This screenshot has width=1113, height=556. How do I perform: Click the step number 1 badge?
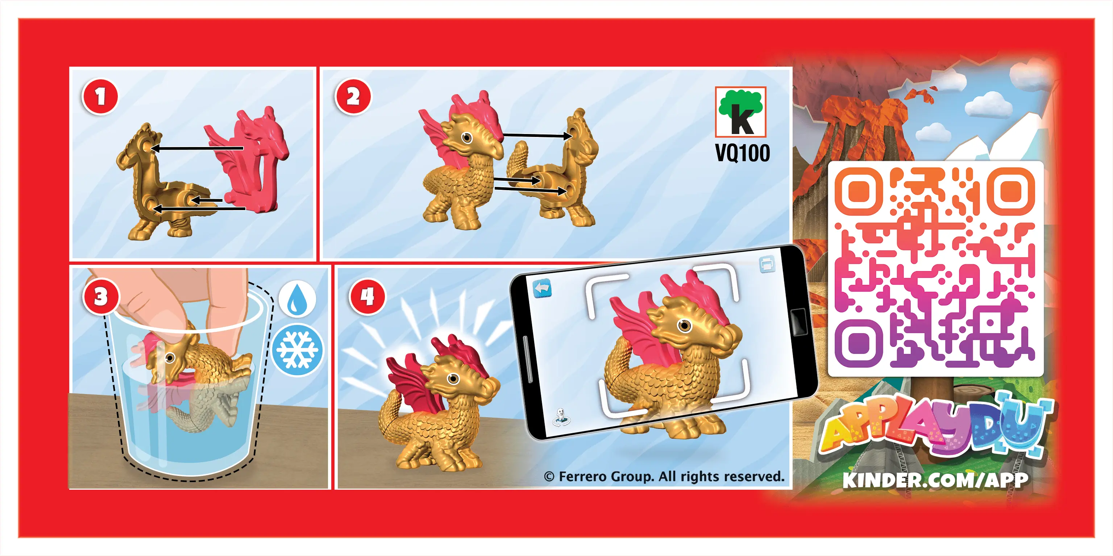(100, 96)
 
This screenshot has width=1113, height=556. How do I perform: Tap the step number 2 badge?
(353, 96)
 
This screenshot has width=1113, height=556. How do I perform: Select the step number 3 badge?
(101, 297)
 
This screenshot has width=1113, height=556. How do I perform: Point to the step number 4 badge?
(367, 297)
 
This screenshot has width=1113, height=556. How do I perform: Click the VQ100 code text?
(742, 153)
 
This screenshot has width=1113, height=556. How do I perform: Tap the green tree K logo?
(740, 112)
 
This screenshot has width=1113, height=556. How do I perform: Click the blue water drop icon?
(297, 299)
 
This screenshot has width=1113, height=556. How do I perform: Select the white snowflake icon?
(298, 350)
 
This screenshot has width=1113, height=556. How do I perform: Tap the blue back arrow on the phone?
(542, 289)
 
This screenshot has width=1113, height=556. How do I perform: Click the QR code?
(935, 268)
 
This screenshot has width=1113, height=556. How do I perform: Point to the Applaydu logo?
(935, 427)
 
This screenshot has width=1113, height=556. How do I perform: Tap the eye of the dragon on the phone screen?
(684, 324)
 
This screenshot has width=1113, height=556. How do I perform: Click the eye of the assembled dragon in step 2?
(466, 138)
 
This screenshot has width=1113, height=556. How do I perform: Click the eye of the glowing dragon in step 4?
(453, 379)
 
